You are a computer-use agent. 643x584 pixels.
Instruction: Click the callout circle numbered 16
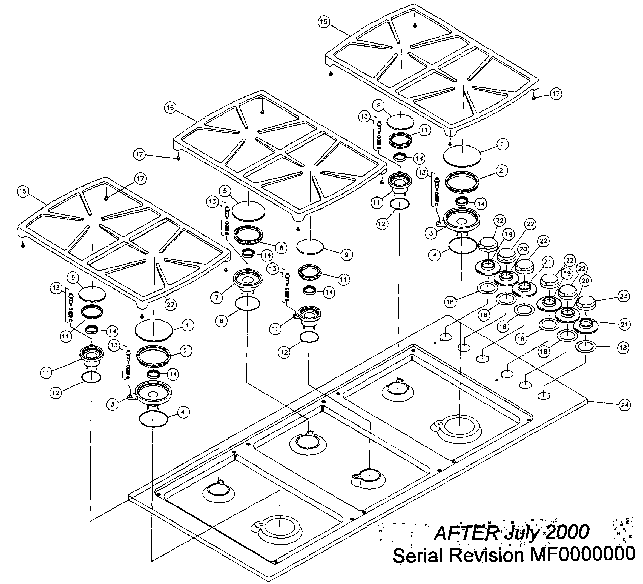click(170, 107)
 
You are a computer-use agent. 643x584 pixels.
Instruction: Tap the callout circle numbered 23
click(623, 296)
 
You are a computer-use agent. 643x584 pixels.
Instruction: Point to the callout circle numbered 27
click(171, 304)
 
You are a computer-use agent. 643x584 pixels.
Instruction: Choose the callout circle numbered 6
click(281, 248)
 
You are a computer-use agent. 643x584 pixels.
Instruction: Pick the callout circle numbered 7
click(217, 298)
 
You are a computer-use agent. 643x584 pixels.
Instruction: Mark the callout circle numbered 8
click(222, 321)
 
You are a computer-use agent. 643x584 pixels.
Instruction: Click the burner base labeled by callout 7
click(248, 280)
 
